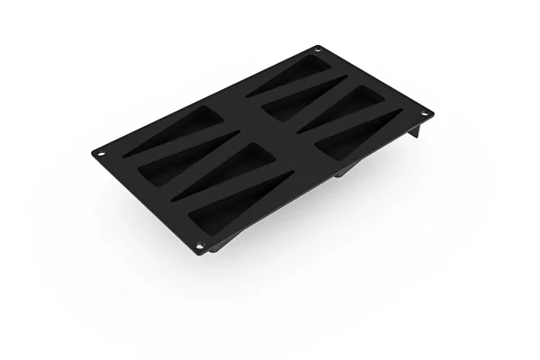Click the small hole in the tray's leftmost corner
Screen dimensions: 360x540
(102, 152)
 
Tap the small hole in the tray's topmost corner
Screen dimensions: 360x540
(317, 49)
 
